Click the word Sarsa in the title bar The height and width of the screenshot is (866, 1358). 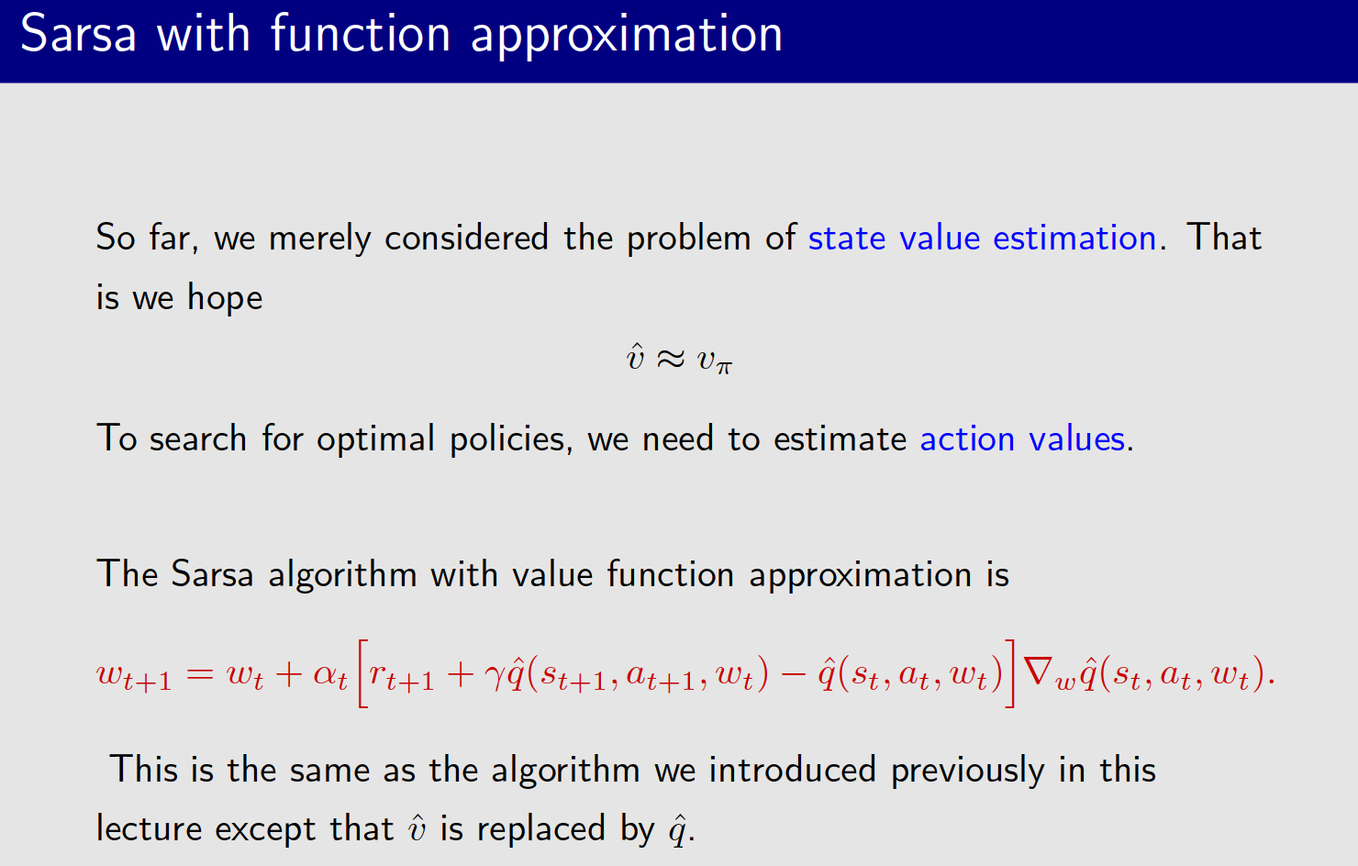pyautogui.click(x=78, y=35)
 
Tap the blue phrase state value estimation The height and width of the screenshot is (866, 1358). pyautogui.click(x=982, y=239)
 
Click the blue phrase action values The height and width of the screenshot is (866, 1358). pyautogui.click(x=1022, y=439)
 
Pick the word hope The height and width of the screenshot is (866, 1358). pyautogui.click(x=225, y=298)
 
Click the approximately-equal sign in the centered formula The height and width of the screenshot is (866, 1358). pyautogui.click(x=671, y=359)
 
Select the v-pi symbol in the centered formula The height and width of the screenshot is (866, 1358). pyautogui.click(x=714, y=361)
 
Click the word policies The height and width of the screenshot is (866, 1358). pyautogui.click(x=507, y=439)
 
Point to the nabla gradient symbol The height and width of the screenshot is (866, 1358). pyautogui.click(x=1038, y=672)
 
